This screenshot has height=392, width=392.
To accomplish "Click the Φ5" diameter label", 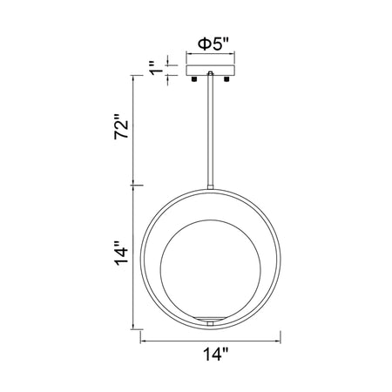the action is tap(213, 44).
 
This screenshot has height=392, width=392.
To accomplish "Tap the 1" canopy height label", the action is tap(156, 68).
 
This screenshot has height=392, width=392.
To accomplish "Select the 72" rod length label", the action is tap(121, 127).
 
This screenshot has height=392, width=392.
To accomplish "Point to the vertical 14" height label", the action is tap(121, 253).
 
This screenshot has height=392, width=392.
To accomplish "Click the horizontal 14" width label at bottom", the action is tap(215, 354).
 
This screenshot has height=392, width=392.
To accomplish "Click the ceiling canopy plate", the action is tap(211, 71).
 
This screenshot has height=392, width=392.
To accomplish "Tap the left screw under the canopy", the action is tap(194, 78).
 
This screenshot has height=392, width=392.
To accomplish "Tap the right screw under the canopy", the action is tap(226, 78).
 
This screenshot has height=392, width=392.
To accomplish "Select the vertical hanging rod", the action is tap(211, 130).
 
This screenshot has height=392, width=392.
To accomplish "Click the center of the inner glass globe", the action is tap(211, 269).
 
